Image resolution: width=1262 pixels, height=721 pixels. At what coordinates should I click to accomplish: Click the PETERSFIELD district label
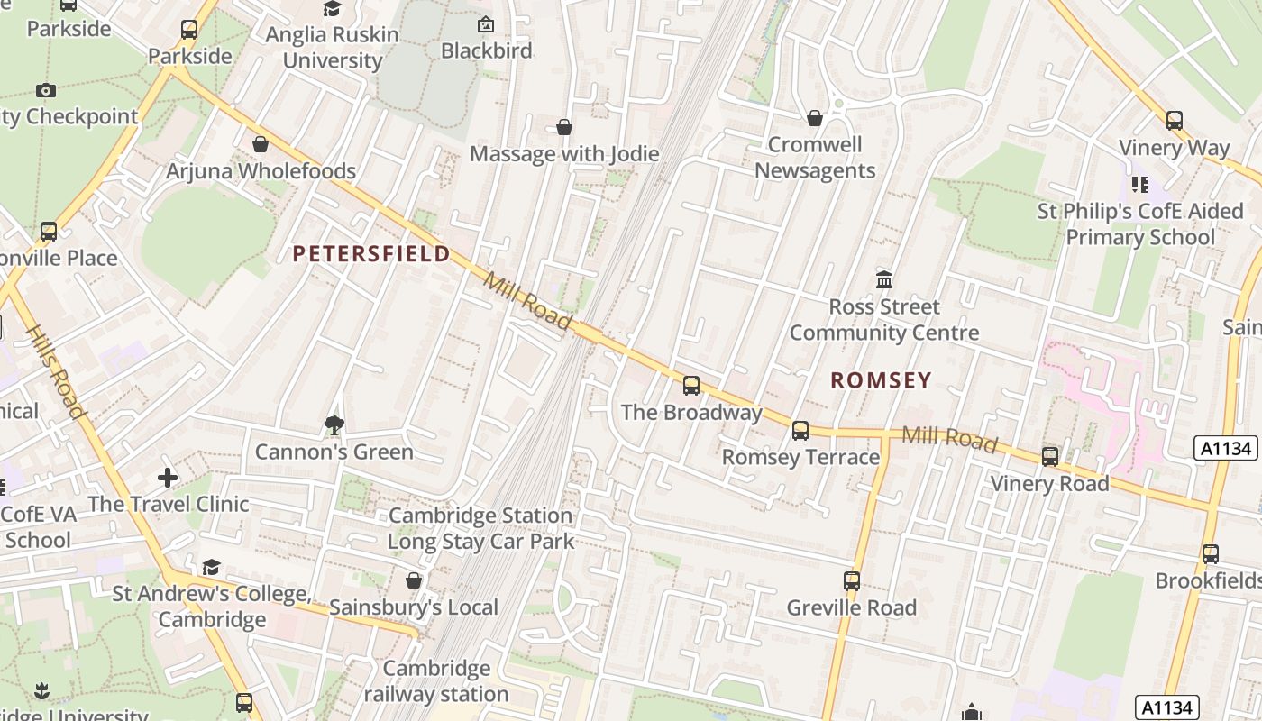click(371, 253)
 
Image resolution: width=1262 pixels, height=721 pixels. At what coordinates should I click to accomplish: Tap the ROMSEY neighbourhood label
click(881, 380)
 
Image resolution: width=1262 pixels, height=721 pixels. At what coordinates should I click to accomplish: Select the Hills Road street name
click(56, 372)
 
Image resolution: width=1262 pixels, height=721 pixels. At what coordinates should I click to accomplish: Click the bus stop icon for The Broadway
click(691, 386)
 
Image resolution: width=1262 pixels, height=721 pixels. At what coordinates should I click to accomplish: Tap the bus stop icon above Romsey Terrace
click(800, 431)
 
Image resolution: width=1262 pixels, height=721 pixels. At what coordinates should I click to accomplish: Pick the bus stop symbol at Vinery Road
click(1050, 457)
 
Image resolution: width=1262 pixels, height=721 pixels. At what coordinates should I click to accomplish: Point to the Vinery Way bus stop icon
click(1174, 121)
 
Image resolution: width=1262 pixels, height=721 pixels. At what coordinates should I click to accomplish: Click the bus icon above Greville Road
click(852, 581)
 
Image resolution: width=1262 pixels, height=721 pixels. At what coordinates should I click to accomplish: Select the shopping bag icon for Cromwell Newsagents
click(815, 118)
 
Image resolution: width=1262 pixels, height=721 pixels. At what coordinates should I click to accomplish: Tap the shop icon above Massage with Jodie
click(564, 127)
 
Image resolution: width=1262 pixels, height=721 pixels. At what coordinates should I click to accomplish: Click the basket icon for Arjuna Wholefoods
click(261, 144)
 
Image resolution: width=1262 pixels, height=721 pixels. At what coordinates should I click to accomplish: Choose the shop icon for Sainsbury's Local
click(414, 580)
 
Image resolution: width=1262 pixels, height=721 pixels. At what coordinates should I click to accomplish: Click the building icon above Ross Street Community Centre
click(884, 279)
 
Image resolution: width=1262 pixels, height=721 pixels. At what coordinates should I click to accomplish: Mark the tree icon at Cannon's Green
click(334, 424)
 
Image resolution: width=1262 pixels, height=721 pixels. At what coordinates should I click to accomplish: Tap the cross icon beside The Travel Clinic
click(168, 478)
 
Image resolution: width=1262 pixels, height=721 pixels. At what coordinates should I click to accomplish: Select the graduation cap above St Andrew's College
click(211, 567)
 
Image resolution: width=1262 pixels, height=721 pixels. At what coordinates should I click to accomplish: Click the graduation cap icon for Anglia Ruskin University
click(333, 9)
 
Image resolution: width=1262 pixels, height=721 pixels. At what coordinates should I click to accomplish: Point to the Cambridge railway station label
click(436, 681)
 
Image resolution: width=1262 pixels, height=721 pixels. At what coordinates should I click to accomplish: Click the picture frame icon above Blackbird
click(486, 24)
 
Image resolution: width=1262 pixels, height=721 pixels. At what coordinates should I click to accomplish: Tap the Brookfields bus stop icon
click(1210, 554)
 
